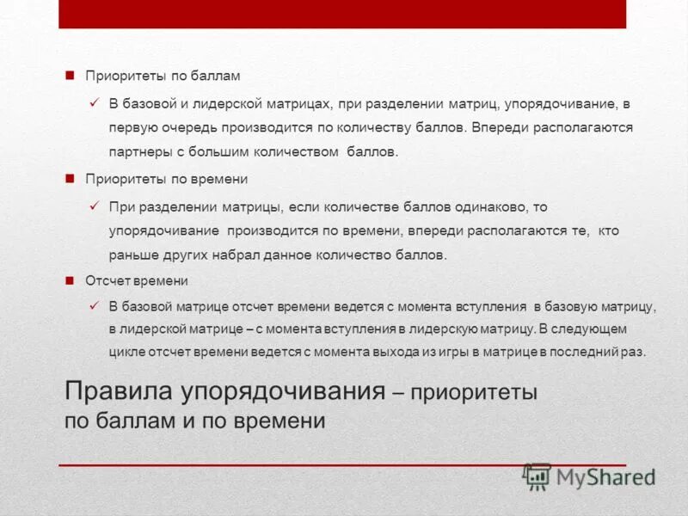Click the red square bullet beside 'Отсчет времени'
click(x=71, y=280)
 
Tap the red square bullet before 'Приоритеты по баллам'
click(x=71, y=76)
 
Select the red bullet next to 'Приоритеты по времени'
click(x=71, y=179)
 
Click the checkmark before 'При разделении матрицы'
click(x=95, y=206)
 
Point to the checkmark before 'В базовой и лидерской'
click(x=95, y=103)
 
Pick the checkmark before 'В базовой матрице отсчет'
click(x=95, y=306)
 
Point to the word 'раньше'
click(x=131, y=255)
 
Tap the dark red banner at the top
click(x=342, y=14)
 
